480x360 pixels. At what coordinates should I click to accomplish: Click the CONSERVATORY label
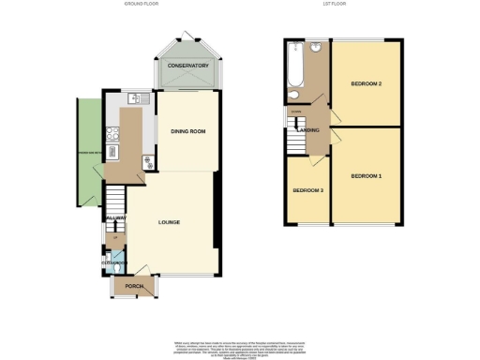point(187,67)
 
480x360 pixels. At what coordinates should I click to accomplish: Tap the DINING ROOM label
point(187,131)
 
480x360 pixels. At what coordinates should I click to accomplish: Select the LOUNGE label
point(170,222)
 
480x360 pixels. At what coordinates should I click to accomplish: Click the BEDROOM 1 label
point(367,176)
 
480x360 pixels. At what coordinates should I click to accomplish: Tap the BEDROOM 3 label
point(307,191)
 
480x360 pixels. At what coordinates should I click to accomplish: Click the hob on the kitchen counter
point(113,151)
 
